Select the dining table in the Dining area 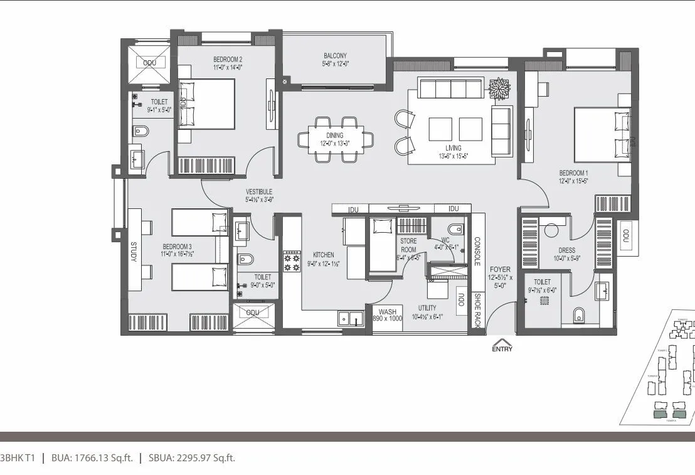pyautogui.click(x=336, y=139)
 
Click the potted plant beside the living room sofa pyautogui.click(x=500, y=88)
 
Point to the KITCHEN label pyautogui.click(x=324, y=255)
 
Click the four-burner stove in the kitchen pyautogui.click(x=292, y=261)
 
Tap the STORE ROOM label pyautogui.click(x=408, y=245)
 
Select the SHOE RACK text pyautogui.click(x=477, y=311)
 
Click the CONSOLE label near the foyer pyautogui.click(x=477, y=251)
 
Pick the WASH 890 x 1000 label pyautogui.click(x=387, y=314)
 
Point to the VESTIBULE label pyautogui.click(x=258, y=195)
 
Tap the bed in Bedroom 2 pyautogui.click(x=207, y=104)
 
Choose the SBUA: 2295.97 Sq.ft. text pyautogui.click(x=191, y=458)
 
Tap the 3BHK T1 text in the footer pyautogui.click(x=17, y=458)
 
